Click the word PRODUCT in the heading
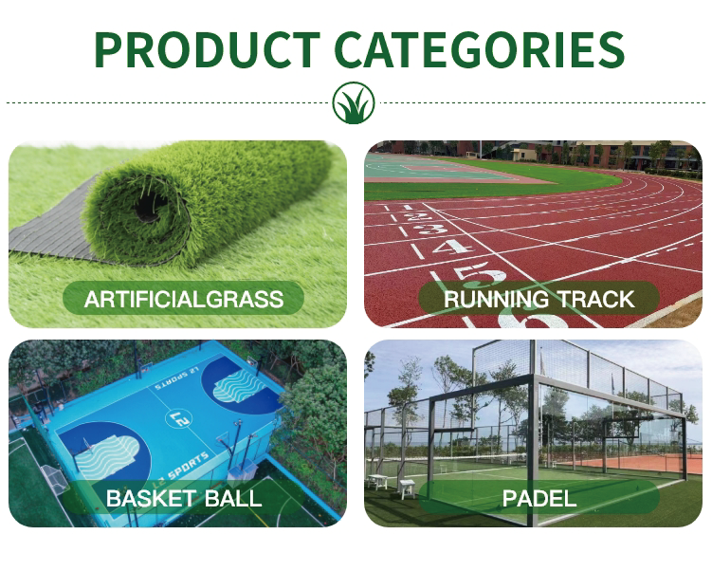click(x=207, y=49)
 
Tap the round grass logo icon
click(x=354, y=102)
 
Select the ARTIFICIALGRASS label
click(x=183, y=299)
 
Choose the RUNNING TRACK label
click(x=539, y=299)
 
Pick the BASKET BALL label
click(x=183, y=498)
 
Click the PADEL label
click(x=539, y=498)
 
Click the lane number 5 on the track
click(x=482, y=274)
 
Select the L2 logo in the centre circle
click(x=180, y=419)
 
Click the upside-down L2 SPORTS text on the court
click(x=176, y=378)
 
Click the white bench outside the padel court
click(x=407, y=488)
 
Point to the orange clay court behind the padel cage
click(x=636, y=464)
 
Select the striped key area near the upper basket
click(x=238, y=386)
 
